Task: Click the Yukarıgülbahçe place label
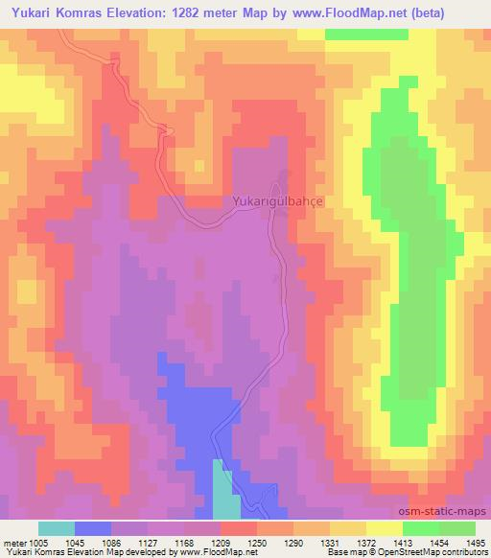coord(278,202)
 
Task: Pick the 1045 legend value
coord(75,543)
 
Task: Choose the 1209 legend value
coord(222,543)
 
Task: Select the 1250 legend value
coord(258,543)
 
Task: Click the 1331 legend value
coord(331,543)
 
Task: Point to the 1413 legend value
coord(404,543)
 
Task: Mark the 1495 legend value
coord(475,543)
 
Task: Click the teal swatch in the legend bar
coord(57,528)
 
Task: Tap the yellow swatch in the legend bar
coord(386,528)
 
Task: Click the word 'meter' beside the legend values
coord(12,543)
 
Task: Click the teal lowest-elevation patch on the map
coord(223,494)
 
